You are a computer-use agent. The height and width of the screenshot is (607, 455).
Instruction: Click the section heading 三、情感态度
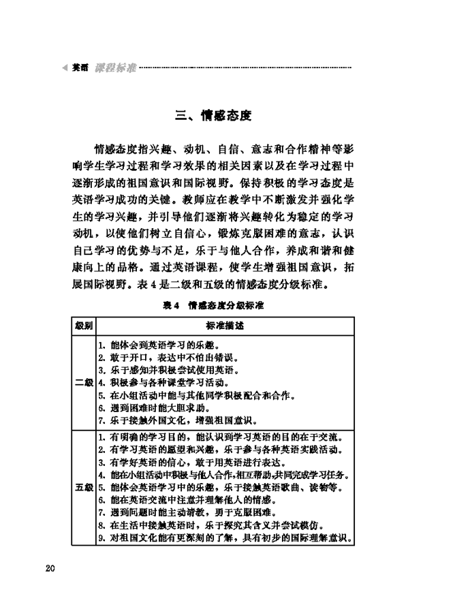pos(213,116)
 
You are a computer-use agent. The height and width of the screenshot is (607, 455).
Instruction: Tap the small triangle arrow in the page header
pos(65,68)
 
